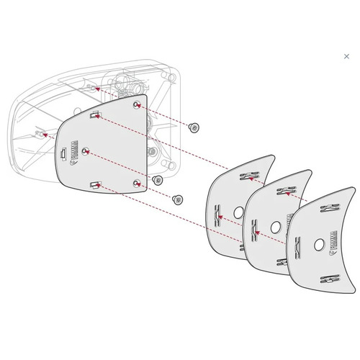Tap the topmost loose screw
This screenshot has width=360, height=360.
(194, 127)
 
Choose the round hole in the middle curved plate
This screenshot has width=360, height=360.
(274, 228)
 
